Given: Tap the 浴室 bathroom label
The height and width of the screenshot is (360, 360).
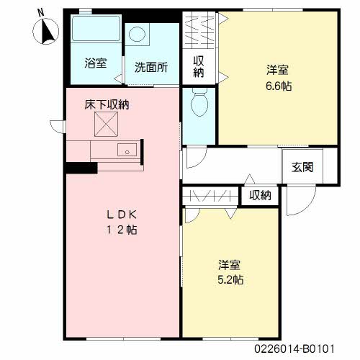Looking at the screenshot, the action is coord(96,63).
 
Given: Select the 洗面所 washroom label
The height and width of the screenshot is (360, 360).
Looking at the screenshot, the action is coord(151,67).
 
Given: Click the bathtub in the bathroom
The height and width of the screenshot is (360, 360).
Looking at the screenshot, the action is coord(96,28).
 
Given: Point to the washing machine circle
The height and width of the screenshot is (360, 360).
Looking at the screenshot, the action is coord(137,34).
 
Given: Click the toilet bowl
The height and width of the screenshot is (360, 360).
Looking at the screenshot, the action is coord(199,102).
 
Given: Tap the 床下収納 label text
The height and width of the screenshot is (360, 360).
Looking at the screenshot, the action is coord(107,104).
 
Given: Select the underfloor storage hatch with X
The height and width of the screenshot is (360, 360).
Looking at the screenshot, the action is coord(106,125).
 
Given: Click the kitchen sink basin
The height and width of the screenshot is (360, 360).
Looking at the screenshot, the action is coord(127,150).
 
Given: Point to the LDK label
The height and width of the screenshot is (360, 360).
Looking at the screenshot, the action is coord(122,215).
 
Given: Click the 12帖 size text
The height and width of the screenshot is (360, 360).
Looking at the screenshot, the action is coord(122,230).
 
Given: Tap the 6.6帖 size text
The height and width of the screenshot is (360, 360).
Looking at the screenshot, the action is coord(279,86).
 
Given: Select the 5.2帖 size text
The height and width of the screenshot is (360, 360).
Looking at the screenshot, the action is coord(230,279).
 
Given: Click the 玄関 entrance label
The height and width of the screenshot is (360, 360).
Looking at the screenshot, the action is coord(302,167).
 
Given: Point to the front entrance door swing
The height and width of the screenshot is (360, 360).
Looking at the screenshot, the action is coord(301,201).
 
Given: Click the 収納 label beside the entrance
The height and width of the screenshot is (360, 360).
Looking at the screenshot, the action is coord(260,196).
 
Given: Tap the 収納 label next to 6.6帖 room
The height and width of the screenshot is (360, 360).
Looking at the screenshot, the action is coord(199,67).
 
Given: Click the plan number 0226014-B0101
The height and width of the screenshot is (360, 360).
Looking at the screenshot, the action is coord(294,348).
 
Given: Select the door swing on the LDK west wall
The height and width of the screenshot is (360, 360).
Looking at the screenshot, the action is coord(58,127).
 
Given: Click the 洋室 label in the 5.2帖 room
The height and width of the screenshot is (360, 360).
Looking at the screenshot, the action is coord(230,265).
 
